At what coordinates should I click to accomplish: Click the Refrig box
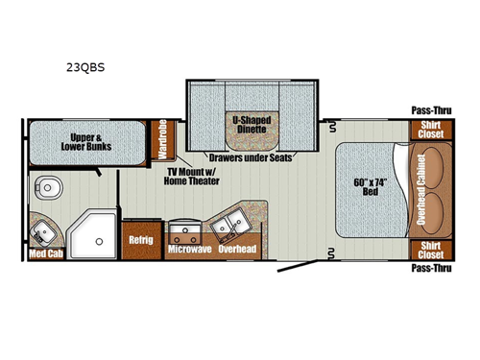point(141,239)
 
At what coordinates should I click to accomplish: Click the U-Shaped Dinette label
point(250,126)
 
